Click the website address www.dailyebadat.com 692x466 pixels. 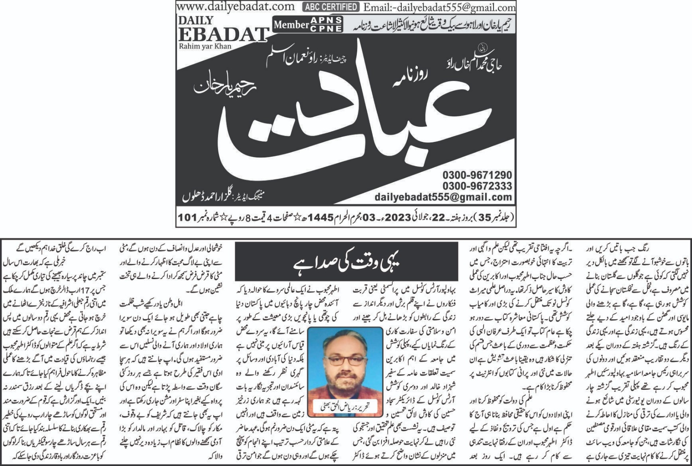tap(236, 6)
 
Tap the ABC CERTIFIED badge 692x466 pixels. tap(331, 7)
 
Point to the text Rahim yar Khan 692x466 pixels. tap(205, 46)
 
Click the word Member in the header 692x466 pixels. tap(291, 25)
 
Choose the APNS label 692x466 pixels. tap(326, 20)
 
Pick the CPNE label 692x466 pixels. tap(326, 29)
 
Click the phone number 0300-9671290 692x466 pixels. tap(477, 175)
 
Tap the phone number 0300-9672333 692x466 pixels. tap(477, 186)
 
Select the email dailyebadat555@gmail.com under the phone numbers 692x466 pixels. tap(443, 197)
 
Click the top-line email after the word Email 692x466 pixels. tap(450, 7)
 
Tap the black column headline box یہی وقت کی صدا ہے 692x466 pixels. tap(346, 262)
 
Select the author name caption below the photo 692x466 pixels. tap(345, 406)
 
